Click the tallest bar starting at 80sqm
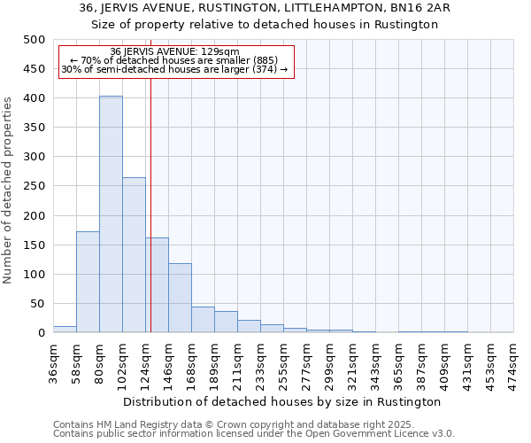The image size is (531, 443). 111,214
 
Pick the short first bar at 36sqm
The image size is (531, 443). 65,330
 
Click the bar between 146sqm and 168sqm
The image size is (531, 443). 180,298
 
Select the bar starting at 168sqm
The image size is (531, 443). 203,320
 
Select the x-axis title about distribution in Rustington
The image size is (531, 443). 282,401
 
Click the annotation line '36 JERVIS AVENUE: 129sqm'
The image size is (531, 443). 175,52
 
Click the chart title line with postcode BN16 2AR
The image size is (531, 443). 265,8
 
